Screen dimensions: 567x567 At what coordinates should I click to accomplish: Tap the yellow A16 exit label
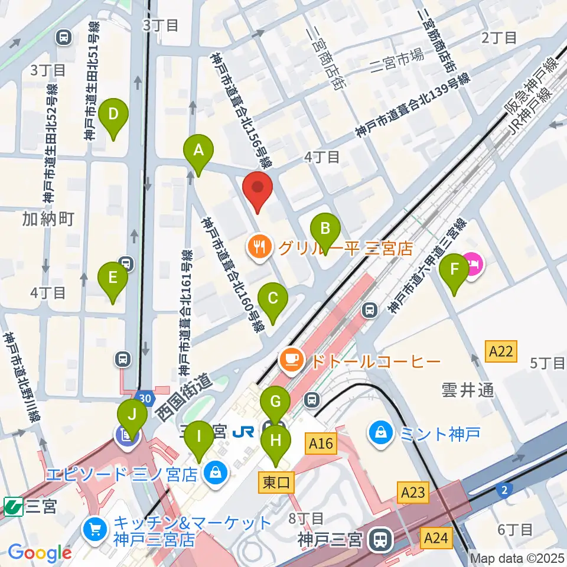(x=321, y=442)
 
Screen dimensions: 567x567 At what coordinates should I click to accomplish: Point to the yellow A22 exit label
(x=501, y=351)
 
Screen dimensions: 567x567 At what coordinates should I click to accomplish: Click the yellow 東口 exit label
(x=276, y=483)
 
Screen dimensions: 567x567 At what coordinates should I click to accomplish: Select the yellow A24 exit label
(x=437, y=537)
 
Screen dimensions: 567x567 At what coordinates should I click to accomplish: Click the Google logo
(x=39, y=552)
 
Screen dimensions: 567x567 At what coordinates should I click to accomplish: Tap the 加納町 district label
(x=48, y=220)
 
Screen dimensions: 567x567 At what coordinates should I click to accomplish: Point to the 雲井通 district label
(x=467, y=390)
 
